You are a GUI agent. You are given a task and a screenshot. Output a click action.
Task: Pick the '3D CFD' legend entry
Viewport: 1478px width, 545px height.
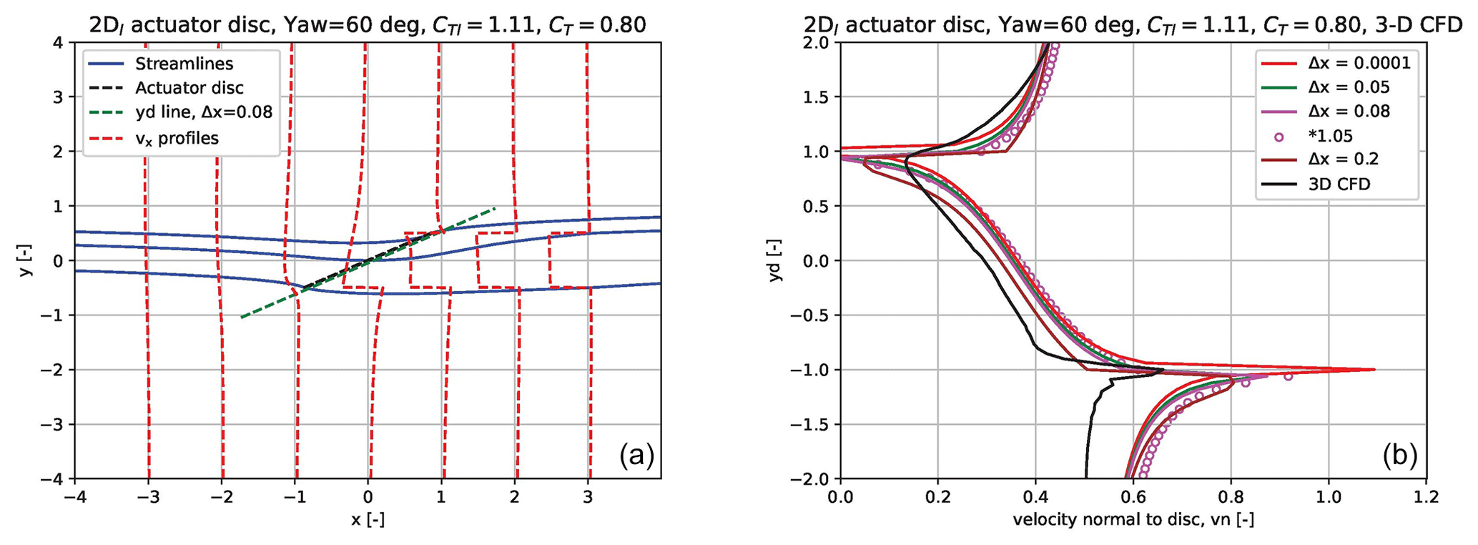tap(1339, 184)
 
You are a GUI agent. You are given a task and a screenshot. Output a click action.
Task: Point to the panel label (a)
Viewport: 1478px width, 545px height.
tap(636, 454)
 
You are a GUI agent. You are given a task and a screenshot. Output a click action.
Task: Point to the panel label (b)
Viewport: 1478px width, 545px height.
tap(1399, 454)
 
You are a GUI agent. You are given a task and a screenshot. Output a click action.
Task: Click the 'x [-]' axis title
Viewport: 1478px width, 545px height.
tap(368, 520)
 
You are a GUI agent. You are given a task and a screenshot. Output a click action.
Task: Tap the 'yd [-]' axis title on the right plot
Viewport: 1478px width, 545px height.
tap(777, 260)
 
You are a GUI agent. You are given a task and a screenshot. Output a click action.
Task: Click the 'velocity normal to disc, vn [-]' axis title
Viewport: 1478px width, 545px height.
tap(1133, 520)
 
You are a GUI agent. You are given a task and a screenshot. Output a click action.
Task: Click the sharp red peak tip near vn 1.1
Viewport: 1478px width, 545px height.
tap(1374, 370)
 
